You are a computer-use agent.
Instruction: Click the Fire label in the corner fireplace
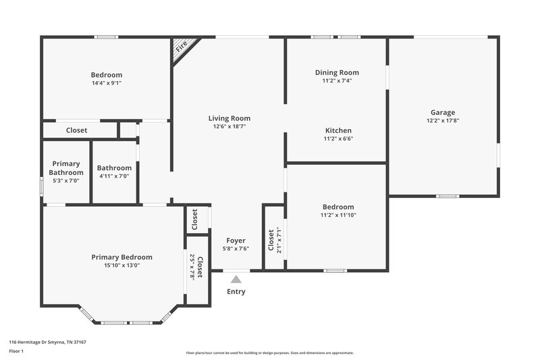[x=182, y=47]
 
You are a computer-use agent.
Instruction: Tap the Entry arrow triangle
[x=236, y=278]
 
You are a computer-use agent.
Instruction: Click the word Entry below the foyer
[x=236, y=292]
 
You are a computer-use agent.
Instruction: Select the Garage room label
[x=443, y=112]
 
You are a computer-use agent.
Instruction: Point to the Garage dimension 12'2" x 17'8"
[x=443, y=121]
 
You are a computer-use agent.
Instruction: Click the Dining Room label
[x=337, y=72]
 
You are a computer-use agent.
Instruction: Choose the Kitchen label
[x=338, y=130]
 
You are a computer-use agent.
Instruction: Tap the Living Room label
[x=229, y=118]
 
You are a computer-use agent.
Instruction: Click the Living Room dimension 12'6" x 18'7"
[x=229, y=126]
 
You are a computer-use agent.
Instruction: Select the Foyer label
[x=236, y=240]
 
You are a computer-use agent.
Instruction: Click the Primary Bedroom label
[x=122, y=257]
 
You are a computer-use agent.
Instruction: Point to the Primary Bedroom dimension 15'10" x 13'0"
[x=122, y=265]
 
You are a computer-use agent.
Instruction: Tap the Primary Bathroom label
[x=66, y=168]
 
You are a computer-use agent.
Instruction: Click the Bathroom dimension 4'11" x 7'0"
[x=114, y=176]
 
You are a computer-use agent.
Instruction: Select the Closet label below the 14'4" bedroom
[x=76, y=130]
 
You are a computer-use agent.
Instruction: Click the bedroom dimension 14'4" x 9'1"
[x=107, y=83]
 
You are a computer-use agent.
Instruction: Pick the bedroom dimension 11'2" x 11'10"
[x=338, y=215]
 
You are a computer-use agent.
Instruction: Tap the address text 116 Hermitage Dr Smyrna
[x=47, y=342]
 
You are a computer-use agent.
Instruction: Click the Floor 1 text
[x=17, y=352]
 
